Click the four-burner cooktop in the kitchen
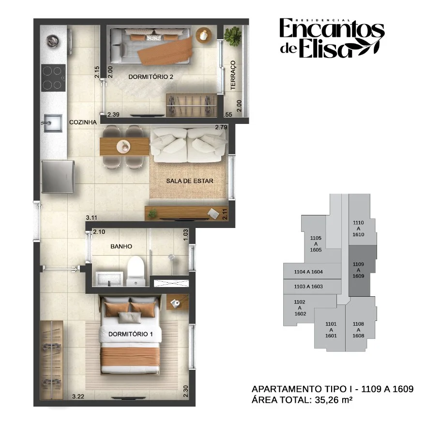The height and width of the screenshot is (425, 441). pos(53,77)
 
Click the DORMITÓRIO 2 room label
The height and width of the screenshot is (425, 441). pos(151,77)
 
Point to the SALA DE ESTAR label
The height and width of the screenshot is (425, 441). pos(190,181)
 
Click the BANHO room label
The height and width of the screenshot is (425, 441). pos(121,246)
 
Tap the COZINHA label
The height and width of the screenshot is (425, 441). pos(83,122)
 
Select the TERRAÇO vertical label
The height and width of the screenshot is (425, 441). pos(233,75)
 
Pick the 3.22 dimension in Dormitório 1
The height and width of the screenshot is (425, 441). pos(78,396)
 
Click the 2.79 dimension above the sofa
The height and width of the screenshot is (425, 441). pos(221,127)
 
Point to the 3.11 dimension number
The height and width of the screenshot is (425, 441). pos(91,217)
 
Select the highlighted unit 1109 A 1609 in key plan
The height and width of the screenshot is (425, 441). pos(363,270)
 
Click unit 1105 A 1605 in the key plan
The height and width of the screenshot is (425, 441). pos(316,244)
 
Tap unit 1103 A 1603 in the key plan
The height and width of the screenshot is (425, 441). pos(308,287)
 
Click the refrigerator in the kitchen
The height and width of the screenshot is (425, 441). pos(58,177)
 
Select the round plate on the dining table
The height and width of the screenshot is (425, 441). pos(123,146)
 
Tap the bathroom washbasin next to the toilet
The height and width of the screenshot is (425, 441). pos(109,279)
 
